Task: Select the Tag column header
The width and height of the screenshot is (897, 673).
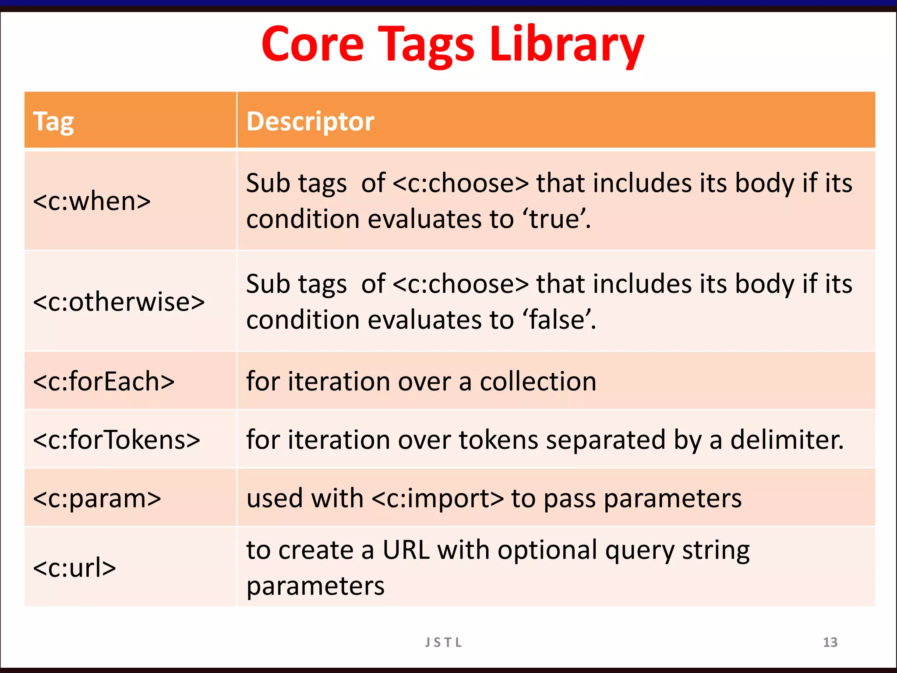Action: (x=53, y=121)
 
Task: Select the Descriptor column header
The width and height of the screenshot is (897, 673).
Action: (x=310, y=121)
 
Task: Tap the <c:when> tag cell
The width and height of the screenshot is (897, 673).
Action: (x=92, y=201)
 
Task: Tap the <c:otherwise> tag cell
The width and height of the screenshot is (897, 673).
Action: (x=119, y=302)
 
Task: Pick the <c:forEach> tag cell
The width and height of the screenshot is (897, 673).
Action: (x=104, y=381)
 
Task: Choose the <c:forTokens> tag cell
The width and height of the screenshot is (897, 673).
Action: (x=117, y=439)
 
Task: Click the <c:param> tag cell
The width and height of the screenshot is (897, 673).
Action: (x=97, y=498)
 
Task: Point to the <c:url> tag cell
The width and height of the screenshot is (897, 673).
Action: (x=74, y=567)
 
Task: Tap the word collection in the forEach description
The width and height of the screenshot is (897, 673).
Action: (x=538, y=381)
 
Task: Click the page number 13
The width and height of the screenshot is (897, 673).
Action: (x=830, y=642)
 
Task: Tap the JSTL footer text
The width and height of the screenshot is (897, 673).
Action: (x=443, y=642)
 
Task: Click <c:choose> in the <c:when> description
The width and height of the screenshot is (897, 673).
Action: (x=461, y=183)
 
